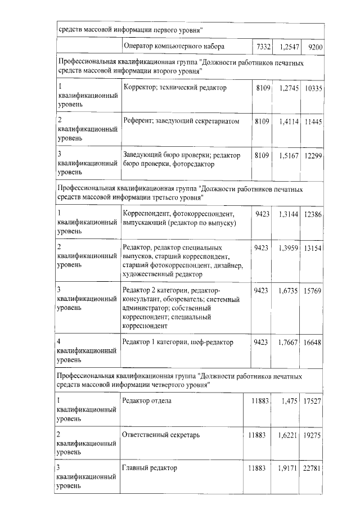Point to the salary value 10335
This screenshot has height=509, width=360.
[x=313, y=88]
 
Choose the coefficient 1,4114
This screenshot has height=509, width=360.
[x=289, y=121]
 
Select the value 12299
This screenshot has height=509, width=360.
[x=313, y=155]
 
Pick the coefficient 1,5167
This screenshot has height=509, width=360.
[x=289, y=155]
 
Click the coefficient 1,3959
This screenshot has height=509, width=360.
[x=289, y=247]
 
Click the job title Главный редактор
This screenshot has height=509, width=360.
[x=150, y=468]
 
